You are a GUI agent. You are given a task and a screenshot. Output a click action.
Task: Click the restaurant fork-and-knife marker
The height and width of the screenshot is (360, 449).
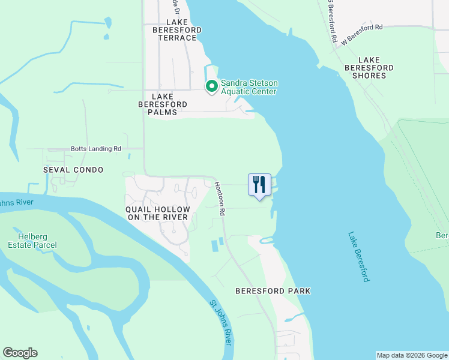pos(259,185)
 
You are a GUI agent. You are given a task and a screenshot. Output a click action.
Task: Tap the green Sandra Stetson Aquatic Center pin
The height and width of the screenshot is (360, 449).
pos(211,87)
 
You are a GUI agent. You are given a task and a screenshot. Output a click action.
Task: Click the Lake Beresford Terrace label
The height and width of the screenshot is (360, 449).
pos(174,29)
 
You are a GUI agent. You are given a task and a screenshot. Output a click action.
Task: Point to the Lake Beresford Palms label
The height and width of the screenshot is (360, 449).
pos(162,104)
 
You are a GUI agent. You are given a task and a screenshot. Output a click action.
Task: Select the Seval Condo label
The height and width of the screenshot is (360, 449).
pos(73,170)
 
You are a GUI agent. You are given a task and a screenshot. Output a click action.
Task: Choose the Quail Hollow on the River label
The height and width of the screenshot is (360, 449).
pos(157,213)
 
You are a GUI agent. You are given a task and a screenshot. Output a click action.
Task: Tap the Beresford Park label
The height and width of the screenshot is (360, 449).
pos(273,291)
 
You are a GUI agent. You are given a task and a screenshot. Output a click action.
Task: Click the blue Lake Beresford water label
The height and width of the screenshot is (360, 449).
pos(357,258)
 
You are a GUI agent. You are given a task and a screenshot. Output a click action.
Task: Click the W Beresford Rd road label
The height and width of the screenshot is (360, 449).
pos(361,35)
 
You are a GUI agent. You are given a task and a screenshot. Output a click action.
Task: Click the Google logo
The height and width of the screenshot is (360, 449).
pos(20,353)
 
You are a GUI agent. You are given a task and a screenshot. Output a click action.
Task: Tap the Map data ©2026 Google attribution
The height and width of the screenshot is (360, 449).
pos(411,355)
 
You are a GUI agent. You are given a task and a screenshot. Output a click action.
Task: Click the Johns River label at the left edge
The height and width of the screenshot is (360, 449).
pos(17,202)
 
